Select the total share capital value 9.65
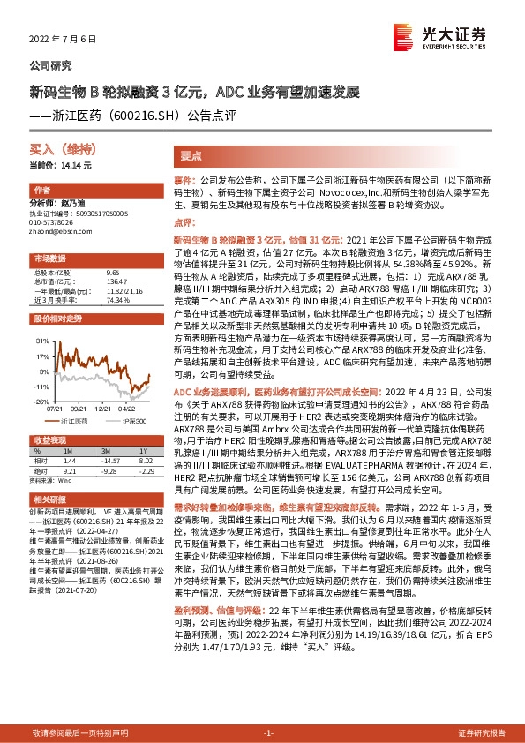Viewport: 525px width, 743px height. coord(112,274)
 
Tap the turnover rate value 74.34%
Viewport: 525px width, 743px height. coord(117,300)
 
